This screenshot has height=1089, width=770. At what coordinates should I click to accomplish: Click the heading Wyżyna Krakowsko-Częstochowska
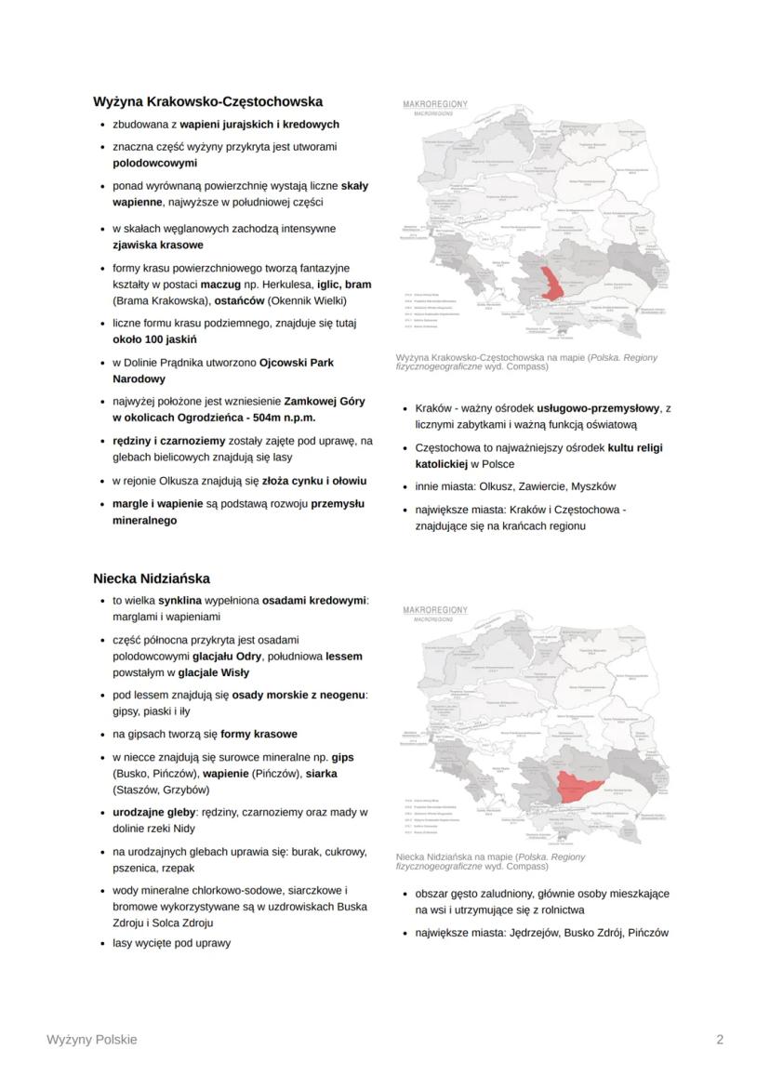(x=207, y=101)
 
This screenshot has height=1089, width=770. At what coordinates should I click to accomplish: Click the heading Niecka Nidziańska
(x=152, y=578)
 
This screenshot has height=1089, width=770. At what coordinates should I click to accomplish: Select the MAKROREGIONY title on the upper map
(x=435, y=103)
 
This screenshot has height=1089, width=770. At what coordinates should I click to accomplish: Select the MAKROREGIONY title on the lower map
(x=435, y=610)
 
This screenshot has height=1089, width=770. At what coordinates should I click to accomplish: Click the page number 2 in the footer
(x=720, y=1040)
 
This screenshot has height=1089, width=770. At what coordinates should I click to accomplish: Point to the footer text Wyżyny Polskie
(x=91, y=1040)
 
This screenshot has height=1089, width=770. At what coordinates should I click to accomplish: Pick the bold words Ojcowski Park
(x=296, y=362)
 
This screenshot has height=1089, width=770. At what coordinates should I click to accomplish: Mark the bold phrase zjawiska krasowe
(x=158, y=246)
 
